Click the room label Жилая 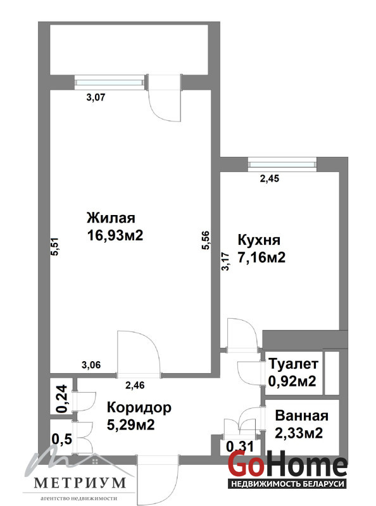[111, 218]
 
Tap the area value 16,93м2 [115, 235]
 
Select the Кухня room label [259, 240]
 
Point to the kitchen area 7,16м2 [261, 257]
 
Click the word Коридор [139, 408]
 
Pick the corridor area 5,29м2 [131, 424]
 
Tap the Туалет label [294, 364]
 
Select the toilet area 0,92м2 [292, 381]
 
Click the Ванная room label [302, 416]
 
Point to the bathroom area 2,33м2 [299, 433]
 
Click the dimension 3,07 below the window [96, 97]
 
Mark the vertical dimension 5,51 [55, 247]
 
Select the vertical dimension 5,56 [206, 240]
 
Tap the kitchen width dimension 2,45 [270, 178]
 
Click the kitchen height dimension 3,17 [226, 261]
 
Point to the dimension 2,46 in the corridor [135, 385]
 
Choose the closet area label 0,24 [61, 398]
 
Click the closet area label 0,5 [61, 439]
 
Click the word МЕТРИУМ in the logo [80, 483]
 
